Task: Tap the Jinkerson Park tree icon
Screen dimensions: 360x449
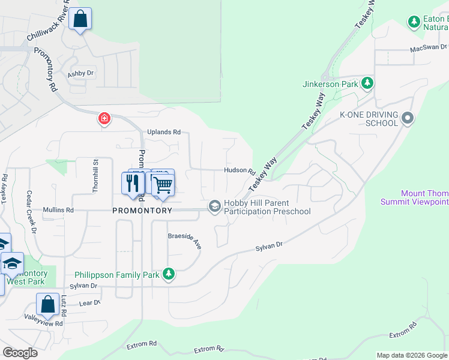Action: [367, 83]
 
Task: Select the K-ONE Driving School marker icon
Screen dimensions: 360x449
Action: [408, 118]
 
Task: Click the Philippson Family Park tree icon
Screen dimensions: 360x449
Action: [169, 275]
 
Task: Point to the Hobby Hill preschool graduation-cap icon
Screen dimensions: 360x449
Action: [214, 206]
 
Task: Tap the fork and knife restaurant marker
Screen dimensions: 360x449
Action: [131, 183]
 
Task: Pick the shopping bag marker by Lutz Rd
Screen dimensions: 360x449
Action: [47, 304]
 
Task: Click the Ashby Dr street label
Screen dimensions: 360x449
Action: [81, 74]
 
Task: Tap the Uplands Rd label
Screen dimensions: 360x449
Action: [164, 132]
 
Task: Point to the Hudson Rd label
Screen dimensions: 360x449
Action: [240, 170]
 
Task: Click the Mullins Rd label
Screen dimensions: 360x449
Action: [58, 211]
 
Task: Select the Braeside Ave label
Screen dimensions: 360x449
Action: [184, 238]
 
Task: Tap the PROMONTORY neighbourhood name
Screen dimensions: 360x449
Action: [142, 211]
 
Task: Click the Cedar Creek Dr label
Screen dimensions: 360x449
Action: [28, 212]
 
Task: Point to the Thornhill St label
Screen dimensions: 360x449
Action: [95, 175]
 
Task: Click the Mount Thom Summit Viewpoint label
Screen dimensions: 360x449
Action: [414, 197]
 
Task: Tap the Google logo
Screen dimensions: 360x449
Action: [20, 353]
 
